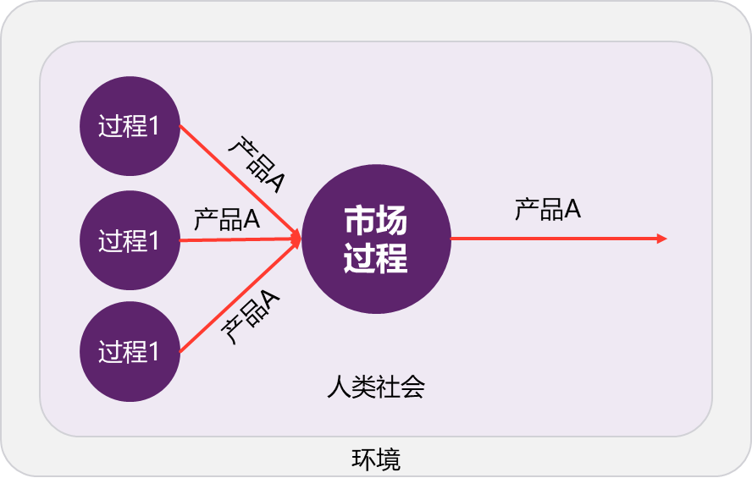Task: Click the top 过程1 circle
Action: [x=130, y=127]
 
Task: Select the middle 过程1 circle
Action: [x=130, y=241]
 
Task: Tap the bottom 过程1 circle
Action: [x=130, y=352]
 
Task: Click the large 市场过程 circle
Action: [x=375, y=239]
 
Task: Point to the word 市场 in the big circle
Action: [x=375, y=221]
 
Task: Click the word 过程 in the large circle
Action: [x=375, y=258]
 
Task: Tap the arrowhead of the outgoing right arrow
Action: [x=663, y=239]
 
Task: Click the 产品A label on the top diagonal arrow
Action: [x=256, y=164]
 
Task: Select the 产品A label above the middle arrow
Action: [x=226, y=220]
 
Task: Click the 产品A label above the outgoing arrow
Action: [x=547, y=209]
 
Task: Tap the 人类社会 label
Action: [x=375, y=387]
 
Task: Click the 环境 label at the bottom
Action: [x=375, y=459]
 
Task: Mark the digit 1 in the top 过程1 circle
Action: [x=153, y=128]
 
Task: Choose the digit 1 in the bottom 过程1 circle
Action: [x=153, y=352]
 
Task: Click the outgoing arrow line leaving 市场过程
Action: [x=550, y=239]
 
